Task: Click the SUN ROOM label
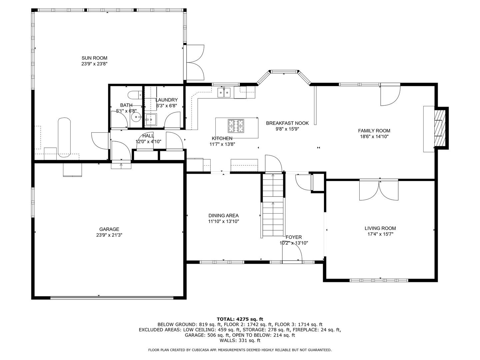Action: tap(94, 58)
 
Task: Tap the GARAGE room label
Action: tap(109, 229)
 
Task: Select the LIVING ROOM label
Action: tap(380, 228)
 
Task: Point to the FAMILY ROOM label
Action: tap(374, 131)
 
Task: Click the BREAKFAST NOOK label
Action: tap(287, 123)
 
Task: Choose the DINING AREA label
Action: tap(223, 216)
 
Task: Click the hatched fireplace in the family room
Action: tap(440, 128)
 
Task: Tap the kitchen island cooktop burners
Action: tap(236, 126)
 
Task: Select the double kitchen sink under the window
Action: tap(224, 92)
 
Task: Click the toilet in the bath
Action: tap(135, 95)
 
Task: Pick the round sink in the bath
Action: tap(136, 117)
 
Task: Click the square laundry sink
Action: tap(151, 119)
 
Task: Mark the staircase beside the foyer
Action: tap(273, 207)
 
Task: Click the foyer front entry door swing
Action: tap(292, 255)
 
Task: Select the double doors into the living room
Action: tap(379, 190)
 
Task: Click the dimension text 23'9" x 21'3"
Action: tap(109, 235)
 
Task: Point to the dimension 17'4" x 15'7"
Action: tap(380, 234)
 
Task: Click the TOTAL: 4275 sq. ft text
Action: tap(240, 319)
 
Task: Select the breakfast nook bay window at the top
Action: tap(283, 71)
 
